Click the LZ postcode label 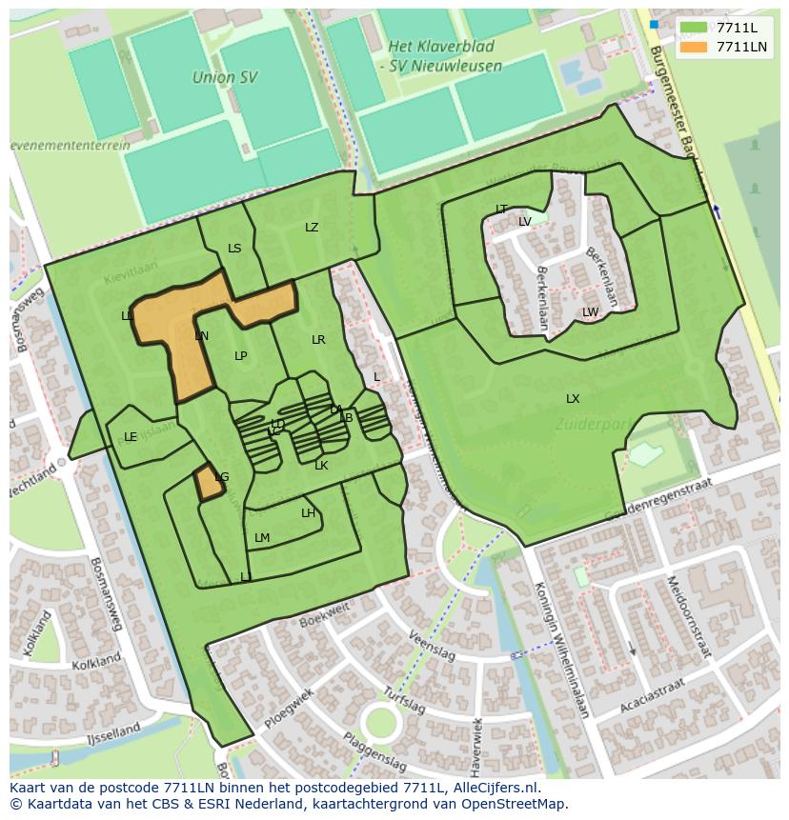coord(312,228)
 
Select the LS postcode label coord(234,249)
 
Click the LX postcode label coord(573,399)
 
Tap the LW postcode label coord(590,312)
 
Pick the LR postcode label coord(318,340)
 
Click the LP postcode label coord(241,356)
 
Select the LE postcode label coord(131,437)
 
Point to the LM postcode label coord(262,538)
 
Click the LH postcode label coord(308,513)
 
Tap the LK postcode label coord(321,466)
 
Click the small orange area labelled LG coord(210,483)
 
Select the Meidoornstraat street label coord(688,616)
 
